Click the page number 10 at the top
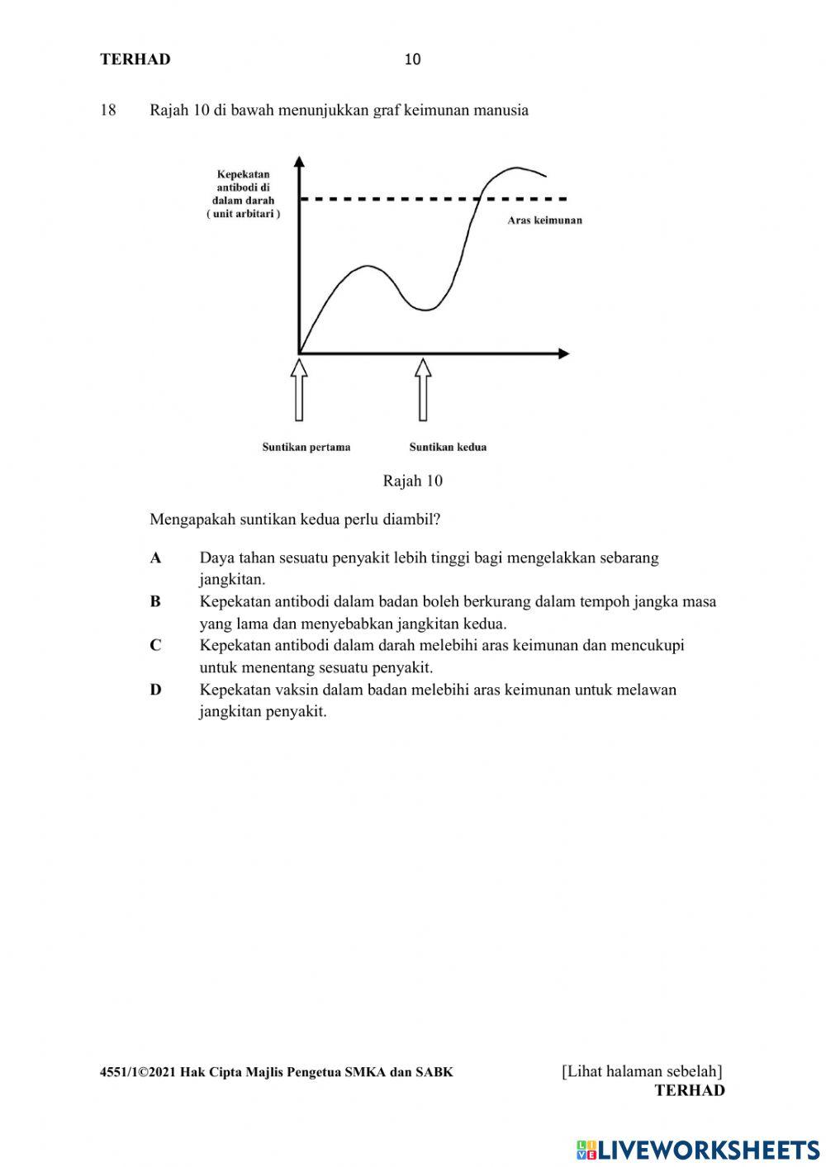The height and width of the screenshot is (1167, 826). click(413, 59)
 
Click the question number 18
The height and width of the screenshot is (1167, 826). click(108, 110)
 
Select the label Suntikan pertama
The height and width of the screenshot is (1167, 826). click(306, 447)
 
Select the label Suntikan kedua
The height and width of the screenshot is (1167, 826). click(448, 447)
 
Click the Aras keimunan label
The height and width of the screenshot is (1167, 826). click(544, 221)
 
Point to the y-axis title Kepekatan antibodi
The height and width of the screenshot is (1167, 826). click(243, 194)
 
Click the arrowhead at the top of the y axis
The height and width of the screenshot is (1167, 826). click(299, 161)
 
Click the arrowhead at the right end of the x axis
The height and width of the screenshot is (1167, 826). click(563, 353)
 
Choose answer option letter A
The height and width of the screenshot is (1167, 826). click(155, 558)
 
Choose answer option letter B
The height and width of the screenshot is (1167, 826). click(155, 602)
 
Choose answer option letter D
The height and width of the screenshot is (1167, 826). click(155, 690)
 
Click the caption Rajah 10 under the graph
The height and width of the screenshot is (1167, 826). click(412, 481)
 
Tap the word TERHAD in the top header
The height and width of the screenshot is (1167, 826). click(135, 59)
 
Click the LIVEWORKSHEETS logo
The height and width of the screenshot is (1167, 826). click(698, 1149)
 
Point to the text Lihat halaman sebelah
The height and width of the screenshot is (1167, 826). click(642, 1071)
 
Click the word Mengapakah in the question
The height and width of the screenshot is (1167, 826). click(192, 520)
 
